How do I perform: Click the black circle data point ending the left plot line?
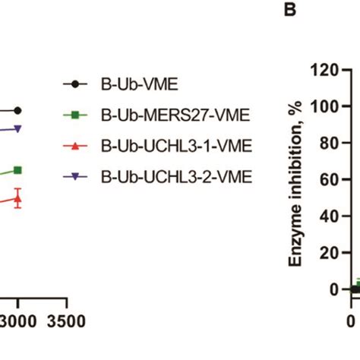(x=17, y=110)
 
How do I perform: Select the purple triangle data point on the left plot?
(x=17, y=129)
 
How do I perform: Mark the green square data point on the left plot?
(x=17, y=170)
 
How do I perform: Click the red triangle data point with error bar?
(x=17, y=199)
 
